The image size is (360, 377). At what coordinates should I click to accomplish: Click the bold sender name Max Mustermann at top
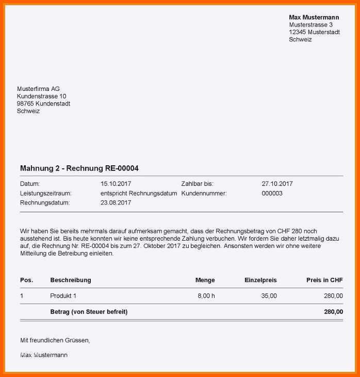[314, 18]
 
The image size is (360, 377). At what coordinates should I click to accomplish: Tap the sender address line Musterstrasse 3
[310, 25]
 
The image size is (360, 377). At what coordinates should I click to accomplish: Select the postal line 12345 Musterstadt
[314, 32]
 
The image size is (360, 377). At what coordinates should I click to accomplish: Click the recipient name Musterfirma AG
[38, 89]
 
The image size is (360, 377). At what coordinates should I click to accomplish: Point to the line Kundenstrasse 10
[41, 96]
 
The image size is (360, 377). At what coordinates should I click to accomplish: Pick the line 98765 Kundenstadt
[43, 104]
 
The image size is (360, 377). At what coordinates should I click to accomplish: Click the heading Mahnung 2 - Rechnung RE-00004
[79, 168]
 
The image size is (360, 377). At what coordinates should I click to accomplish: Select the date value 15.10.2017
[116, 184]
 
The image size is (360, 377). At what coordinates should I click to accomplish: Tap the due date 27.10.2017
[277, 184]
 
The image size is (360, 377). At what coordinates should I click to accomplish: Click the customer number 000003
[272, 193]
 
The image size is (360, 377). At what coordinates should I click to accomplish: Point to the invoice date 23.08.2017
[116, 203]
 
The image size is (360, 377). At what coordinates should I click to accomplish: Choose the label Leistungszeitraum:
[45, 193]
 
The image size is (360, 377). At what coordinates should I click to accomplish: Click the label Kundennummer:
[204, 193]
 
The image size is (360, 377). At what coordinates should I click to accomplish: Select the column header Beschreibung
[71, 280]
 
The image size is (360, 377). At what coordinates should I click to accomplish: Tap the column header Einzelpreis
[260, 280]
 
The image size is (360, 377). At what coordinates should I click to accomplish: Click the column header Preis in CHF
[324, 280]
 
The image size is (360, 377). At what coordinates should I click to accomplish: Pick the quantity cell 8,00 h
[206, 296]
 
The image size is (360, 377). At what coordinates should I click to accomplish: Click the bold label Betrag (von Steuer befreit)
[89, 312]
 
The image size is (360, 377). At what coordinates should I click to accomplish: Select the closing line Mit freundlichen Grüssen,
[55, 340]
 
